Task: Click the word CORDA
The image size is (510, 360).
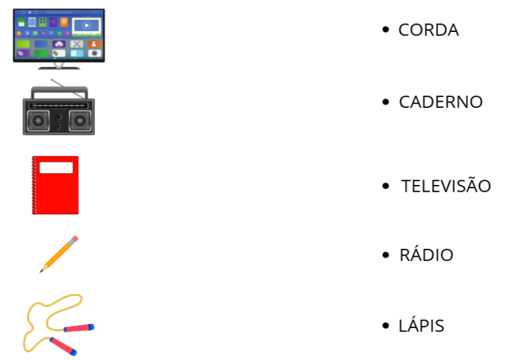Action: pos(428,30)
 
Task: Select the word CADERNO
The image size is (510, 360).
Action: pos(440,102)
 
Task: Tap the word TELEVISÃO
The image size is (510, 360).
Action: pos(445,186)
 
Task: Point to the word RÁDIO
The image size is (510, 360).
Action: pos(426,255)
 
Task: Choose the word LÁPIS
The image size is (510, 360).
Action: pos(421,326)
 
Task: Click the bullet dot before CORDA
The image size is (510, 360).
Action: pos(385,30)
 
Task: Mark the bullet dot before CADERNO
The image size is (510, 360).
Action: pos(385,102)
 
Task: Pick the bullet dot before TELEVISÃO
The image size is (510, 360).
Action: pos(385,186)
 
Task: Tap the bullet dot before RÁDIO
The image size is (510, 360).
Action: pos(385,255)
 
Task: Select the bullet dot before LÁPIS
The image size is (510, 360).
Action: pos(385,326)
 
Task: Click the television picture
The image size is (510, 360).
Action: pos(59,37)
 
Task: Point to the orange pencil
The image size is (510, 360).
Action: pos(59,254)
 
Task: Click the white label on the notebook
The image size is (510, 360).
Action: pos(56,168)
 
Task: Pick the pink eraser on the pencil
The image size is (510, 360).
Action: pos(74,239)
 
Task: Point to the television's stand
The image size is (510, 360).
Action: pos(59,66)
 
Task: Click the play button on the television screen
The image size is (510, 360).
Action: pos(87,26)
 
